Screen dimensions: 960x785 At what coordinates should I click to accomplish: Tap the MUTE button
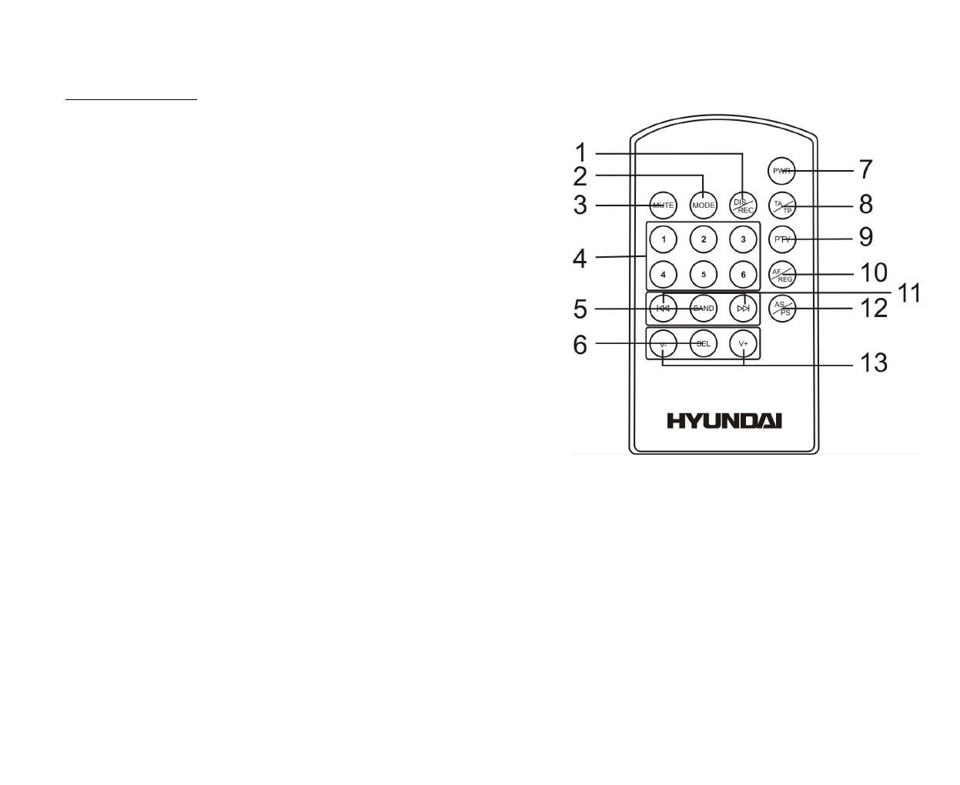[663, 205]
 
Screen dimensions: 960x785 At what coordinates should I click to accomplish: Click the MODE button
[704, 205]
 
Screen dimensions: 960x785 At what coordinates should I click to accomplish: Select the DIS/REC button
[743, 205]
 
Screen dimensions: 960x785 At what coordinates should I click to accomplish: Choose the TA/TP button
[782, 205]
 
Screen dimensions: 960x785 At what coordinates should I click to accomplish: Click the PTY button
[782, 239]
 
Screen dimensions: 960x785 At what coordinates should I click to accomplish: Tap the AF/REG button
[782, 275]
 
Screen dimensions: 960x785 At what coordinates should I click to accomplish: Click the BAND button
[704, 309]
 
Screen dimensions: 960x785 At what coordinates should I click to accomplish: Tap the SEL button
[704, 343]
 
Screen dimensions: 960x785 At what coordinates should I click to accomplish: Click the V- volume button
[663, 343]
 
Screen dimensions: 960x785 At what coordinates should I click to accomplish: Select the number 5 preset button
[704, 274]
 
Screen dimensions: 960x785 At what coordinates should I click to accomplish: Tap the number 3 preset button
[743, 239]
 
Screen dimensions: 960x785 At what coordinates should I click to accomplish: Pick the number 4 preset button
[663, 274]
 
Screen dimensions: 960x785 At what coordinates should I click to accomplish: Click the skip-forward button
[743, 309]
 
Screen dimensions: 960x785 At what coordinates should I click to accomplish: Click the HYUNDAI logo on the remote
[724, 421]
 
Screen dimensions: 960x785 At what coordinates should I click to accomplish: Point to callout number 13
[873, 362]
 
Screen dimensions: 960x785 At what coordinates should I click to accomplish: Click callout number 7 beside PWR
[866, 169]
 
